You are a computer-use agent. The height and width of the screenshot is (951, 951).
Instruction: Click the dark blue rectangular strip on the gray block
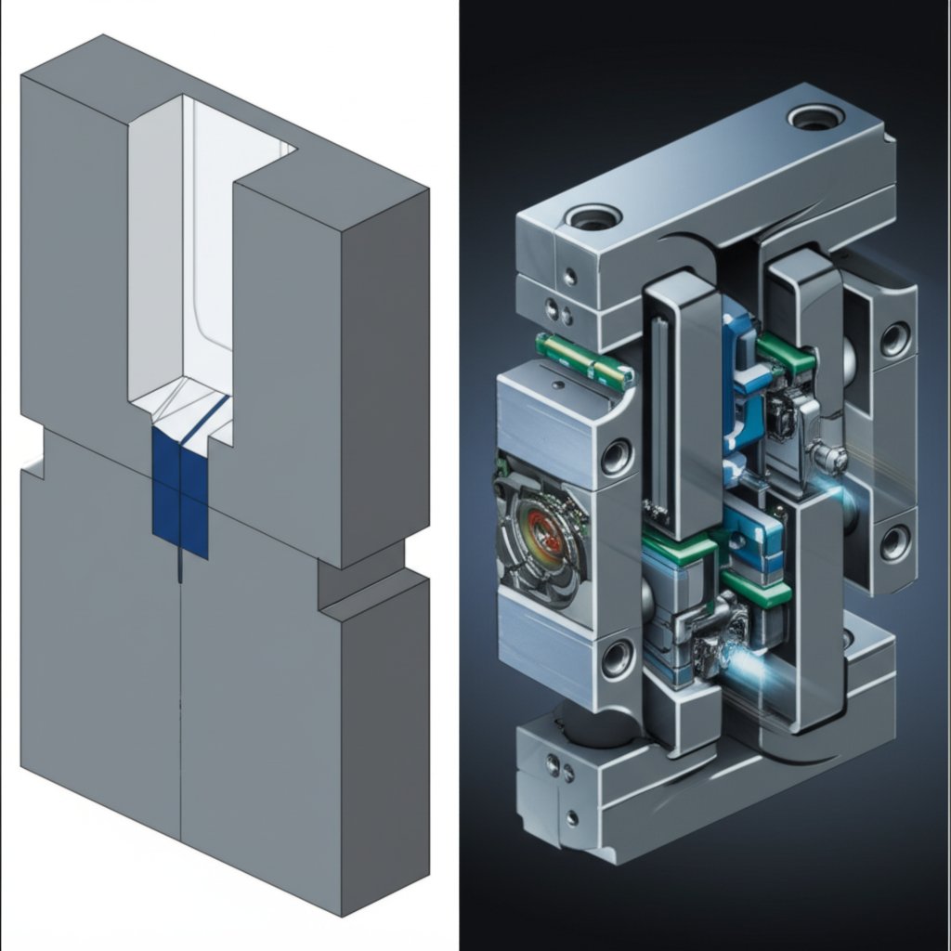pos(179,492)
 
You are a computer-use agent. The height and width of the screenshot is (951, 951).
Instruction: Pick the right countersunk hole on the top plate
pos(815,117)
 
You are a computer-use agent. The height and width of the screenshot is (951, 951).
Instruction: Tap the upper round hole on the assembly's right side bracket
pos(894,340)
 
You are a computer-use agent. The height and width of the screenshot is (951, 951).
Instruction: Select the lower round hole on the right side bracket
pos(894,542)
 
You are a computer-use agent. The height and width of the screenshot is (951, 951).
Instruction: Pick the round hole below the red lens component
pos(617,658)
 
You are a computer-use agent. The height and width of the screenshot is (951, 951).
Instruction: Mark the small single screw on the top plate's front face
pos(569,276)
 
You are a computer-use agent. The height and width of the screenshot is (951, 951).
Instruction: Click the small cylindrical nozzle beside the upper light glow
pos(825,456)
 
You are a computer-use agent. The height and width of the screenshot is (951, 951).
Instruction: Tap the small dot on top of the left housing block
pos(555,384)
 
